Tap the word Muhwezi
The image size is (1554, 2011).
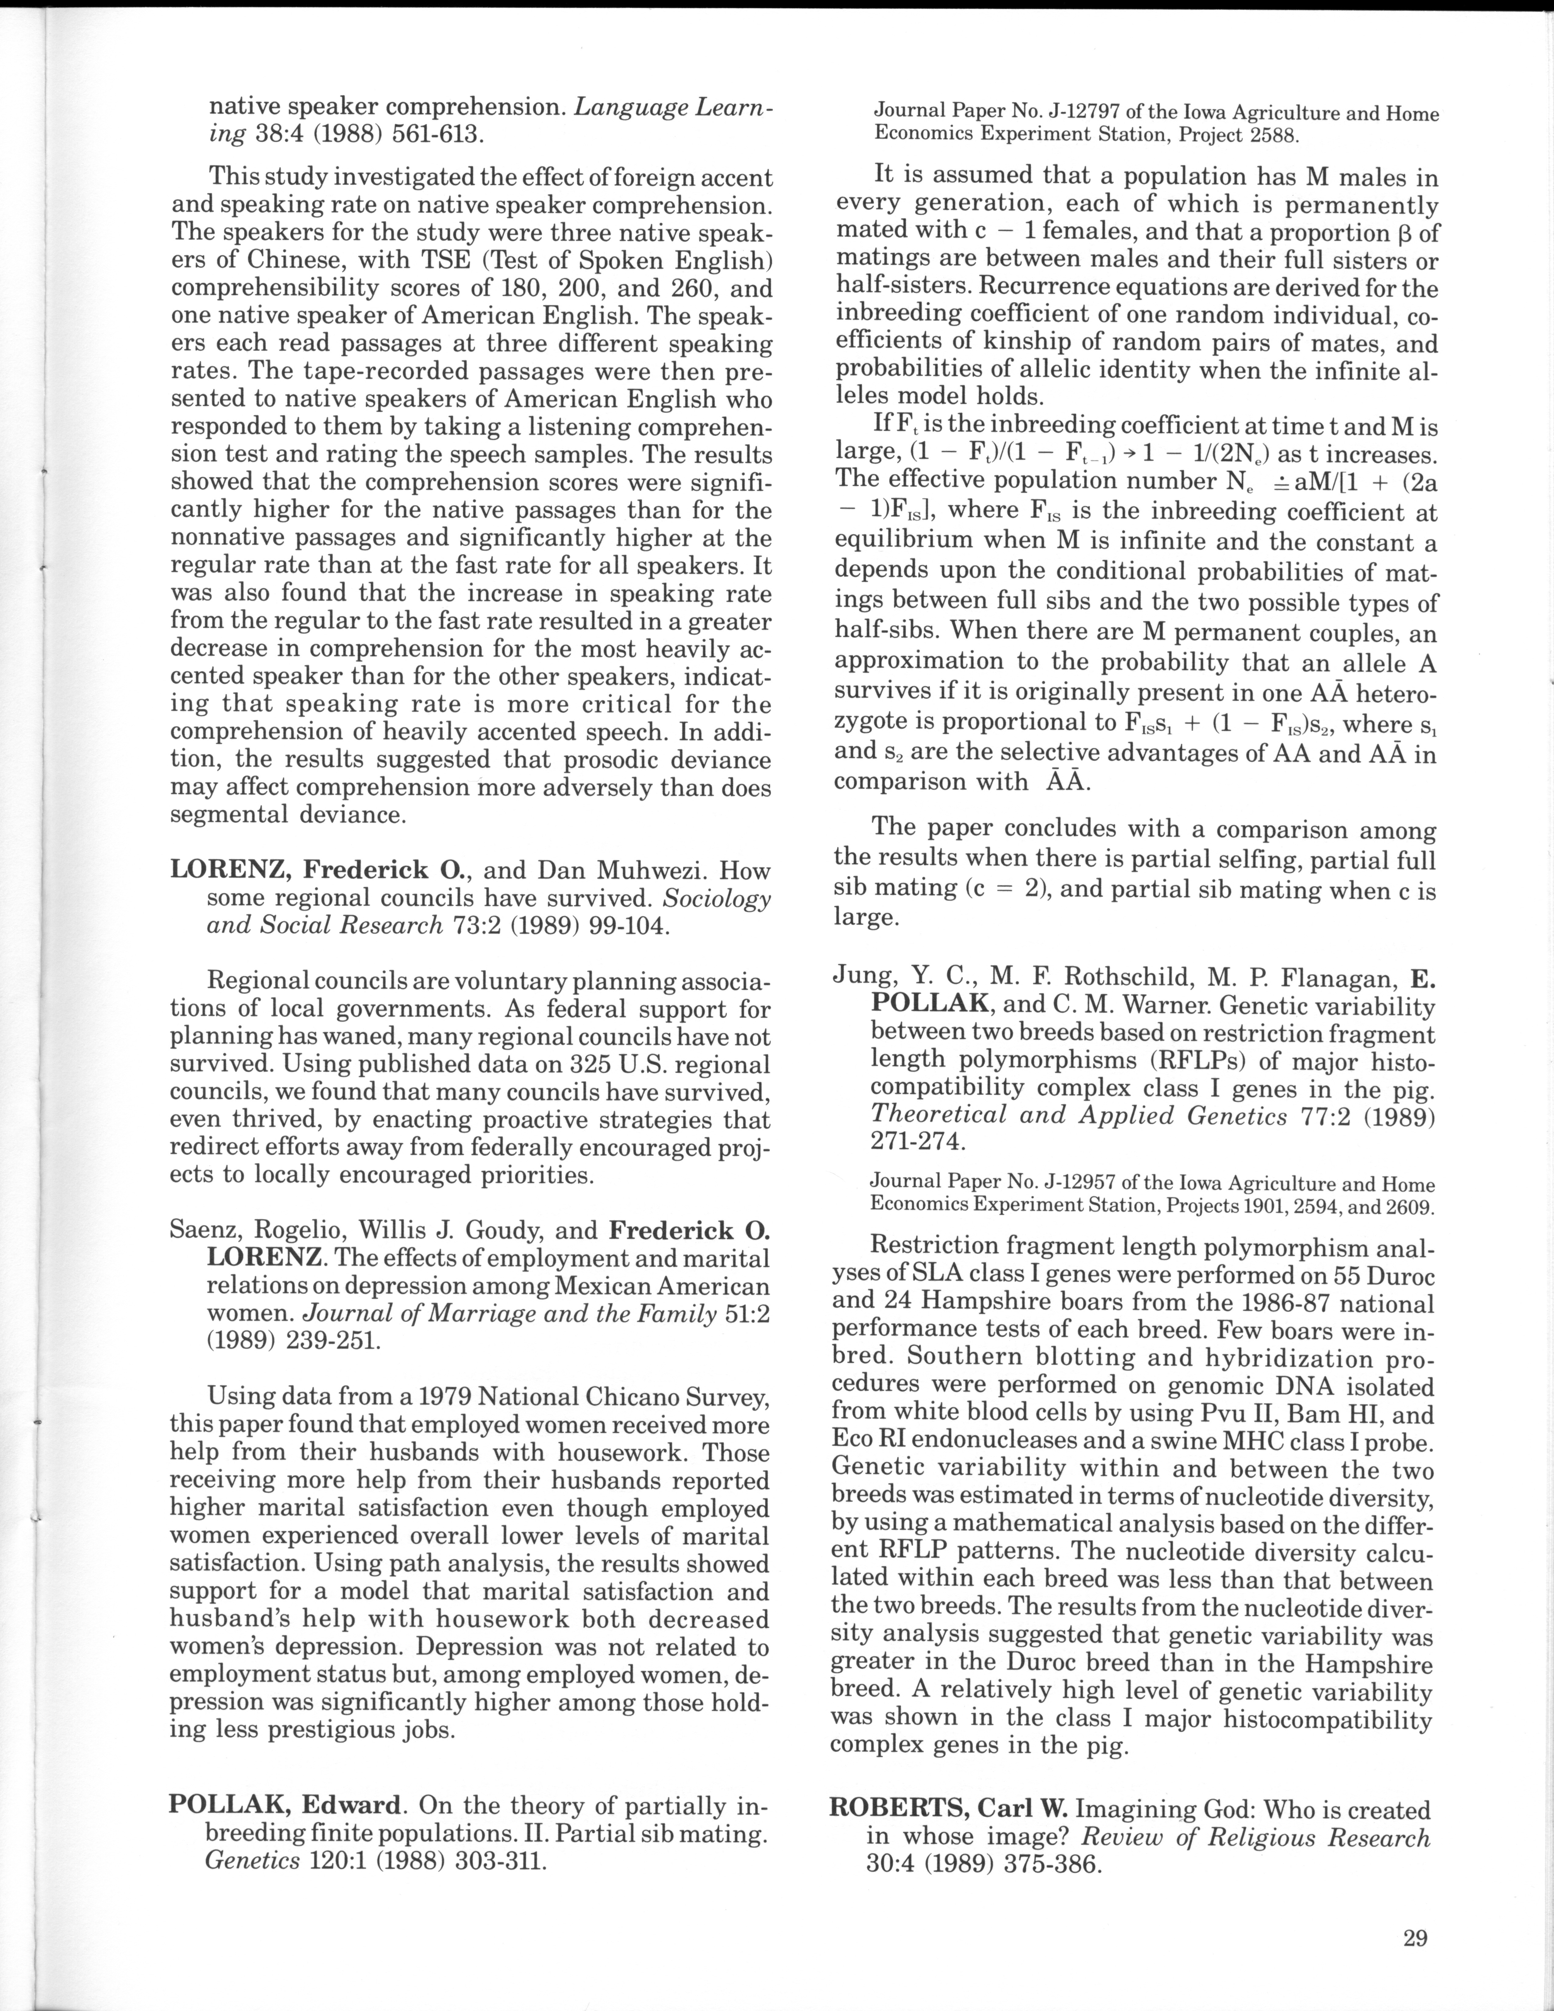[654, 870]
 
